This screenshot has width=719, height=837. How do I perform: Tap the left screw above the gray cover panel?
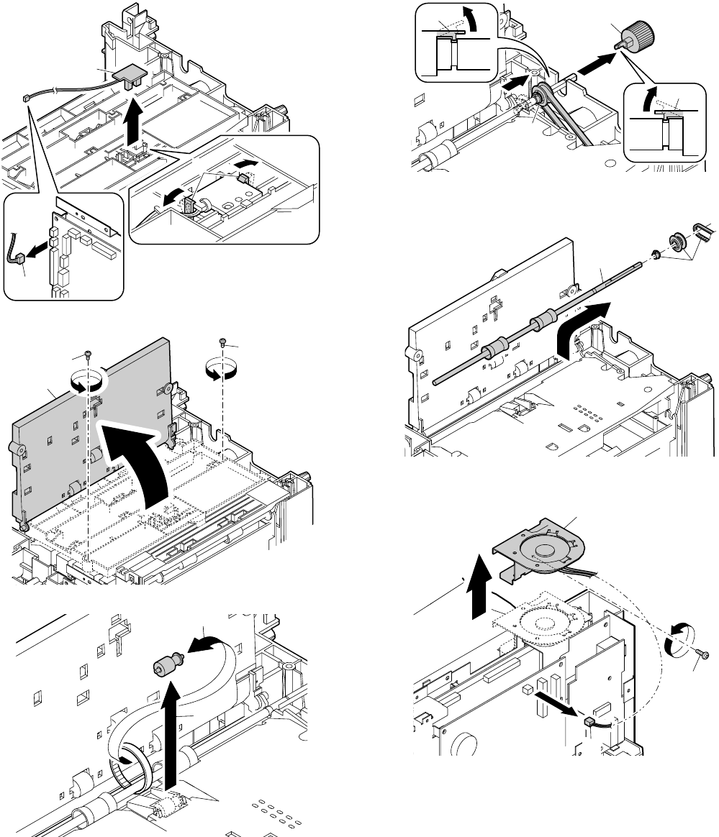coord(87,354)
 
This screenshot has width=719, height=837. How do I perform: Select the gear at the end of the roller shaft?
coord(677,240)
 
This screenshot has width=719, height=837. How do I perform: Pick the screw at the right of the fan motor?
coord(705,655)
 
